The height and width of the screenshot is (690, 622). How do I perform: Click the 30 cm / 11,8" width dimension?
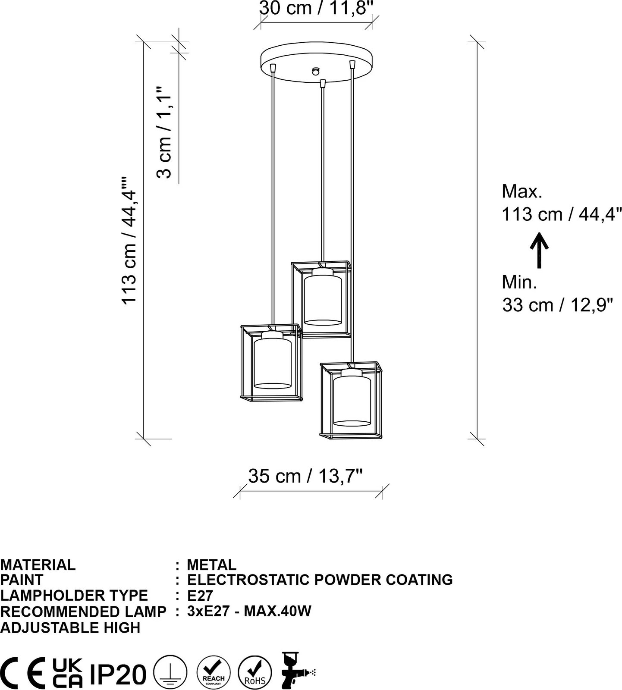(x=316, y=8)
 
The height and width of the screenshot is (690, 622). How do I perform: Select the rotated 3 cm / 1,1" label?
(x=164, y=132)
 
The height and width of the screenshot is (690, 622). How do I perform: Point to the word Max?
(x=522, y=191)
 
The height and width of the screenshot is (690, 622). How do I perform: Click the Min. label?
(x=519, y=282)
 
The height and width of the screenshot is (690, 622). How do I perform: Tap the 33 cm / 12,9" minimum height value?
(x=557, y=305)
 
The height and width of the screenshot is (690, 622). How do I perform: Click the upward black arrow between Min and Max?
(x=539, y=251)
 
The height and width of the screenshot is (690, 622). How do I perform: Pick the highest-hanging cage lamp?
(x=321, y=299)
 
